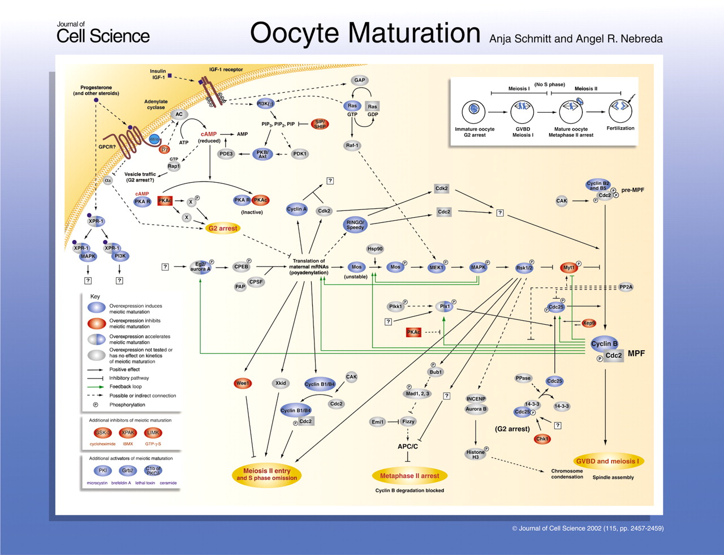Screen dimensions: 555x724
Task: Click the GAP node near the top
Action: click(x=359, y=80)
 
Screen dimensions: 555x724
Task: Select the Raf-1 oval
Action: click(x=352, y=145)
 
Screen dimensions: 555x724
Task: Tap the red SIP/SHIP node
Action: click(x=320, y=124)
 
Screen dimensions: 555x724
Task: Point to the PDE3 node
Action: click(x=226, y=154)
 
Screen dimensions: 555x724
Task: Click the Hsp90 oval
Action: click(x=375, y=249)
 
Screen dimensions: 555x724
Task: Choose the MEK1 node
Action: click(x=436, y=268)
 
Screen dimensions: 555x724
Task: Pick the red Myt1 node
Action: click(x=569, y=268)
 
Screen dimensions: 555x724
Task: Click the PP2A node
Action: click(x=626, y=287)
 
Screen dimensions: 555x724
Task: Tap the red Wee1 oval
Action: click(x=243, y=384)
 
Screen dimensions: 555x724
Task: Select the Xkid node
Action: click(x=281, y=384)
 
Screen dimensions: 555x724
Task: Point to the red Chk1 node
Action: click(x=542, y=439)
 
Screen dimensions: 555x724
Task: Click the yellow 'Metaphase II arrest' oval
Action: click(x=410, y=476)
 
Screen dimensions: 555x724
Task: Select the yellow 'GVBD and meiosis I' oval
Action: click(x=607, y=461)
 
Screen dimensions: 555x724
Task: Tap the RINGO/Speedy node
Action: click(x=355, y=225)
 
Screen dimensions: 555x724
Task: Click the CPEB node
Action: click(x=241, y=267)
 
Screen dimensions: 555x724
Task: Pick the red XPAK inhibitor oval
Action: click(x=128, y=433)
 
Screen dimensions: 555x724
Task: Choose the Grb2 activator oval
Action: click(x=128, y=471)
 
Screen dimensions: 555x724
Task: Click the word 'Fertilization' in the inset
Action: click(x=620, y=128)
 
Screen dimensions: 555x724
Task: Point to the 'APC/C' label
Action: click(x=408, y=446)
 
